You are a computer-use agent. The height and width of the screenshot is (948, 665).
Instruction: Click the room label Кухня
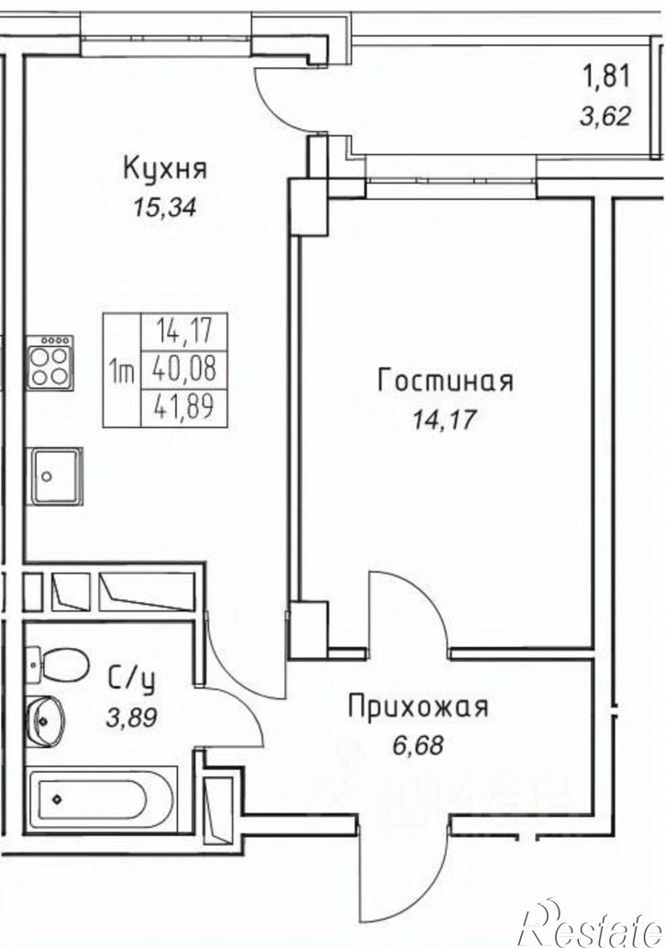click(165, 169)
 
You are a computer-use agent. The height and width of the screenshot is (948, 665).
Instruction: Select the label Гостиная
click(445, 381)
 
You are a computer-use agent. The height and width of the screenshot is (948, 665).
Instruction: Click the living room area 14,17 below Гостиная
click(444, 420)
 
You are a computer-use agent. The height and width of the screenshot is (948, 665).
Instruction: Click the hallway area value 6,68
click(416, 745)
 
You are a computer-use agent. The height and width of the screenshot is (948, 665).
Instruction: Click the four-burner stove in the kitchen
click(50, 363)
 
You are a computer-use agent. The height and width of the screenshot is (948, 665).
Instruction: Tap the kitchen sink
click(56, 475)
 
